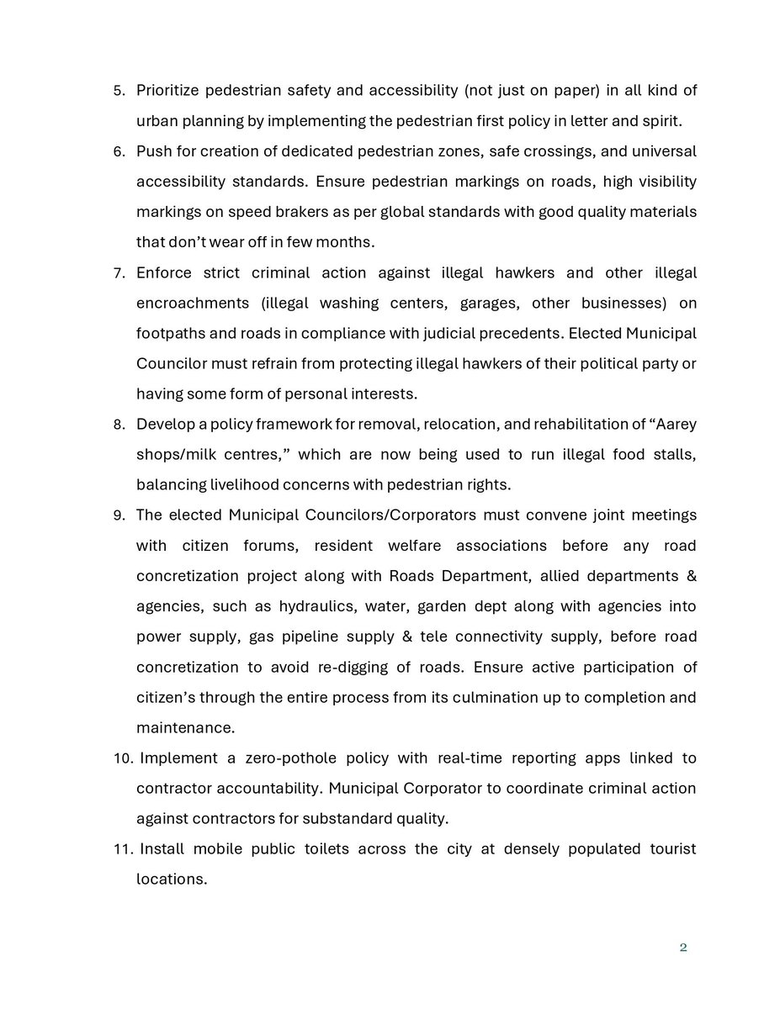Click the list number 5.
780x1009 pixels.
click(x=119, y=91)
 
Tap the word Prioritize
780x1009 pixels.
click(x=172, y=91)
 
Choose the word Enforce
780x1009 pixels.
click(x=168, y=272)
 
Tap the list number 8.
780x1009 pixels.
click(x=119, y=424)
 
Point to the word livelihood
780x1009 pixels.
click(x=239, y=484)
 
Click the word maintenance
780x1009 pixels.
click(x=185, y=727)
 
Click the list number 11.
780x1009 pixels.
click(x=124, y=848)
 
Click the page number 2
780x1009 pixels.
click(x=683, y=948)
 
